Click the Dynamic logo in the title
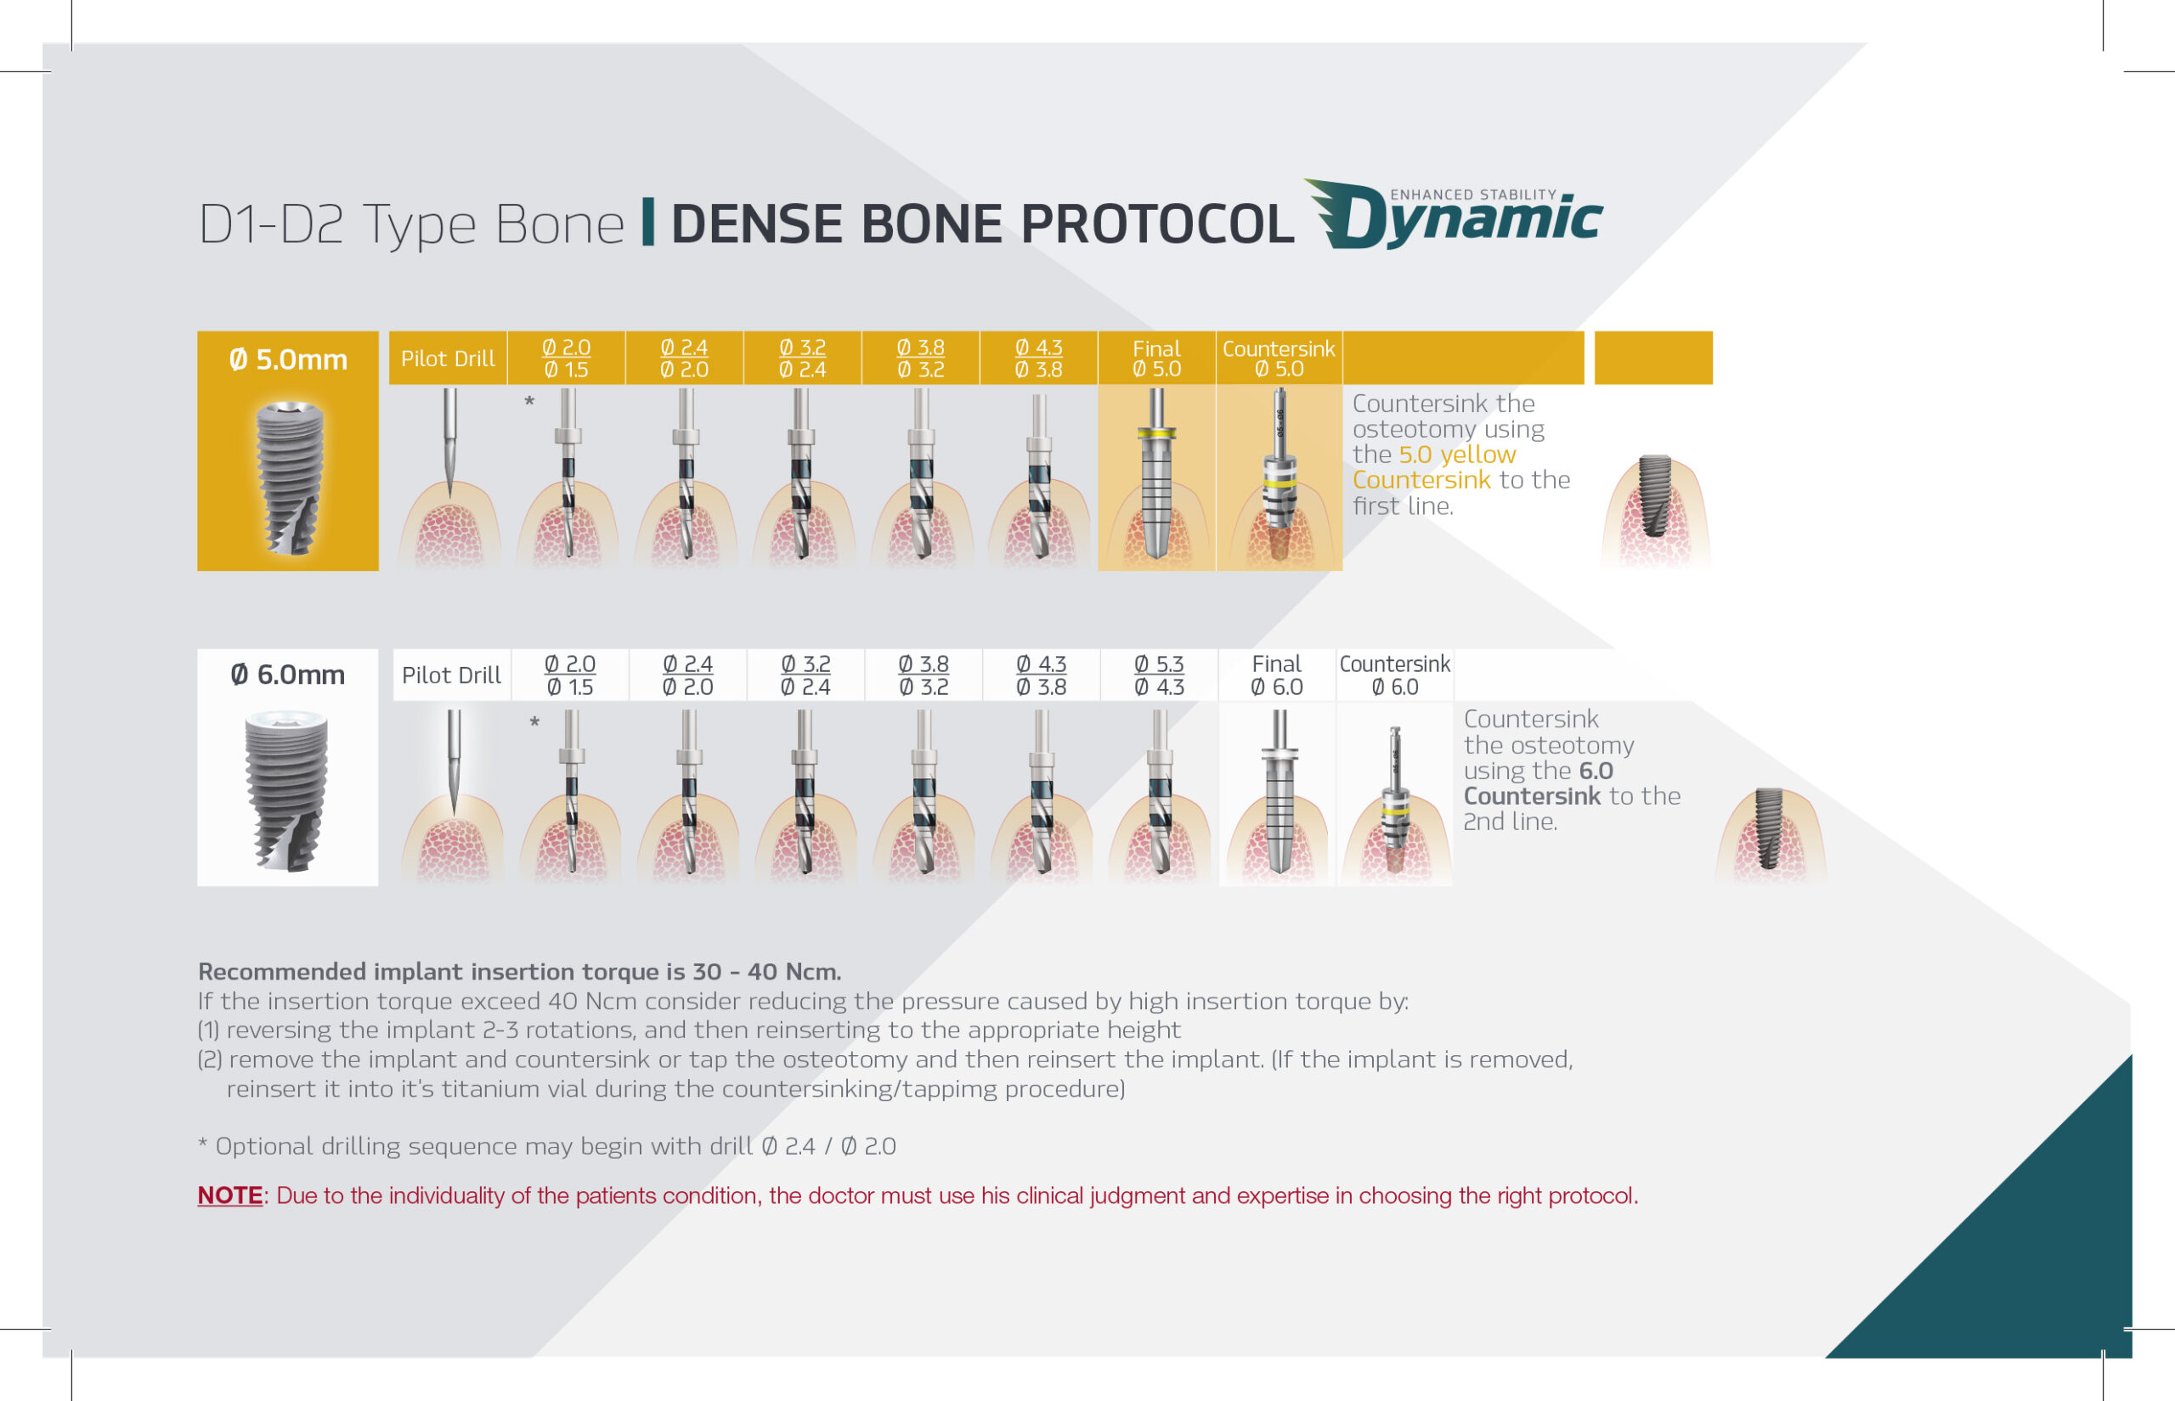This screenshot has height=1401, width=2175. tap(1454, 215)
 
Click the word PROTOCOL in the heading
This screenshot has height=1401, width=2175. tap(1157, 223)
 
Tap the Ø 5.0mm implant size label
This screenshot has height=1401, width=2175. tap(287, 359)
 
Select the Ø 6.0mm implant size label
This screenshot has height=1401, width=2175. tap(287, 675)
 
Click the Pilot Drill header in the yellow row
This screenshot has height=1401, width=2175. tap(448, 359)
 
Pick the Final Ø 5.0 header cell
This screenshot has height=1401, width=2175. tap(1156, 359)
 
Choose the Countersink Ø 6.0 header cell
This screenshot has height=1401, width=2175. tap(1394, 675)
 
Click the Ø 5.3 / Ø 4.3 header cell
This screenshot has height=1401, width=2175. tap(1159, 675)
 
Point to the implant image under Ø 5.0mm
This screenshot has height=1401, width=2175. tap(288, 477)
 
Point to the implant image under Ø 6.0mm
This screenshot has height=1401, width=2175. tap(286, 792)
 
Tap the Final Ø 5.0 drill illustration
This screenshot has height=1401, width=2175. tap(1156, 475)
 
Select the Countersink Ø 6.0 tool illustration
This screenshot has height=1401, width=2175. tap(1394, 799)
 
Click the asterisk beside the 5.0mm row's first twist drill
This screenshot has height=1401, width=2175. tap(529, 401)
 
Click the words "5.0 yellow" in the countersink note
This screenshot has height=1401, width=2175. tap(1457, 454)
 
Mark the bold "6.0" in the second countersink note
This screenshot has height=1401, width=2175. tap(1596, 771)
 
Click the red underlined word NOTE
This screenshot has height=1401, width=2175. tap(230, 1195)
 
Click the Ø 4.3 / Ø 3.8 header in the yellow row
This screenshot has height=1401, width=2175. tap(1038, 359)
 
